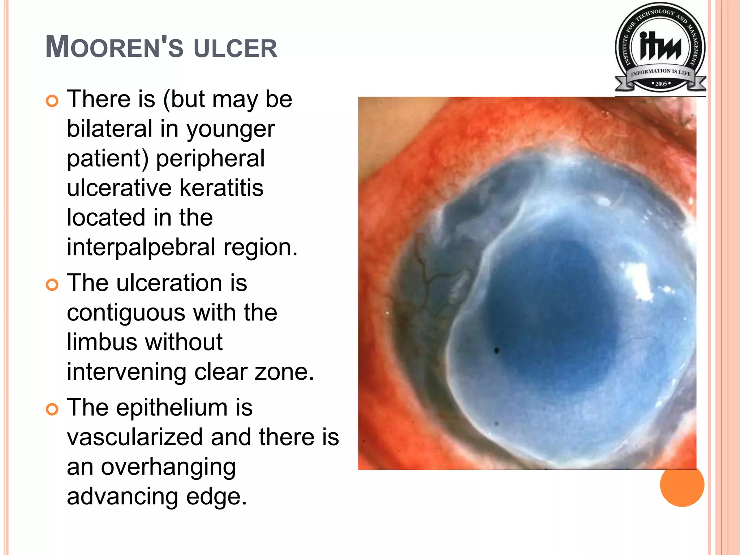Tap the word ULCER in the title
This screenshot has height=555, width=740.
pyautogui.click(x=236, y=48)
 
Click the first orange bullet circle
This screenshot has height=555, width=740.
pyautogui.click(x=52, y=101)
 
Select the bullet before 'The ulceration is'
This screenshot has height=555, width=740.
pyautogui.click(x=52, y=285)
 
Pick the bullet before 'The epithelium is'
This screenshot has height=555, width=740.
pyautogui.click(x=52, y=409)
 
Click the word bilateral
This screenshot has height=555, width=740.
pyautogui.click(x=109, y=129)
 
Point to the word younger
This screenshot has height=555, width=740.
pyautogui.click(x=231, y=129)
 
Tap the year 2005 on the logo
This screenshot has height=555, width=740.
pyautogui.click(x=661, y=84)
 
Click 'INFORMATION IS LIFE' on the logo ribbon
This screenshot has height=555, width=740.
pyautogui.click(x=661, y=72)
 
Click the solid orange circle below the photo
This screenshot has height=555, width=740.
pyautogui.click(x=682, y=485)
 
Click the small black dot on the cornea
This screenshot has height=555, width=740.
pyautogui.click(x=496, y=350)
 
